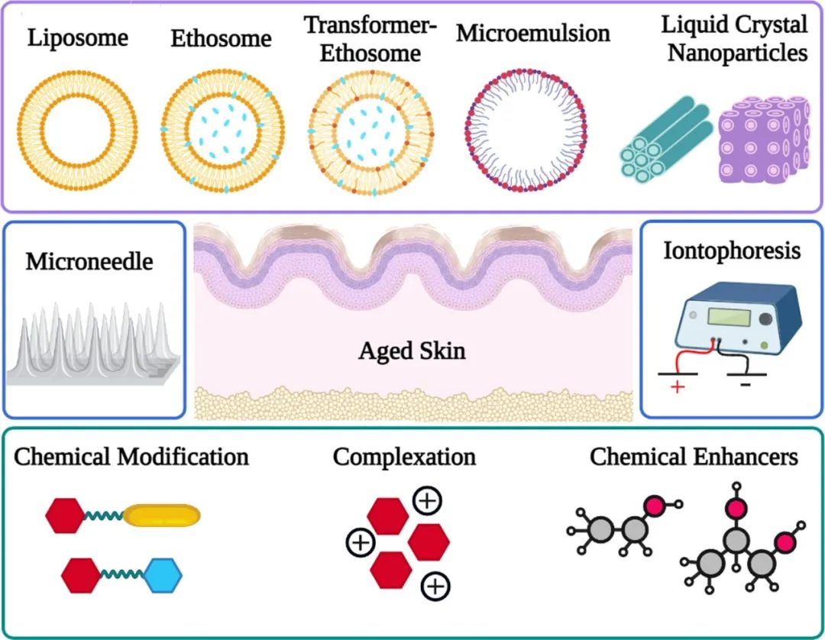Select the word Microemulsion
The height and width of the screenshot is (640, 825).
[x=533, y=34]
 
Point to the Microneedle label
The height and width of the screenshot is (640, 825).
[x=89, y=262]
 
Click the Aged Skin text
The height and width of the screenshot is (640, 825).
[x=412, y=352]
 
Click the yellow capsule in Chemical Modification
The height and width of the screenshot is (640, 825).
[x=162, y=517]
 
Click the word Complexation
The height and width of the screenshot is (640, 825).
[x=404, y=457]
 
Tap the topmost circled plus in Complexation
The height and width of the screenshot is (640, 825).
[x=426, y=501]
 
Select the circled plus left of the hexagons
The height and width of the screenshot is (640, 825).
[x=359, y=543]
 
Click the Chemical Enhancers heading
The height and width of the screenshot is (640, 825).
[x=693, y=457]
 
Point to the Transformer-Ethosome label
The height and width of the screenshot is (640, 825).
[x=371, y=39]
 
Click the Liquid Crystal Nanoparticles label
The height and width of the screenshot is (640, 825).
[x=735, y=38]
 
